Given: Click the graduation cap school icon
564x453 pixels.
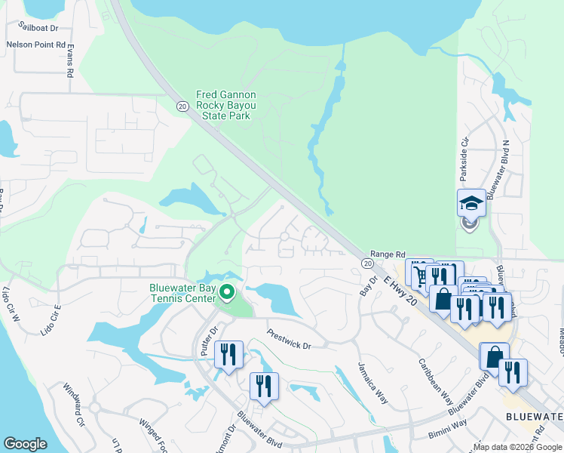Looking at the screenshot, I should (471, 203).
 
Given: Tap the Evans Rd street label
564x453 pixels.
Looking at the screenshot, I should (69, 60).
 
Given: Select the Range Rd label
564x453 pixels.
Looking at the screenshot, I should (388, 255).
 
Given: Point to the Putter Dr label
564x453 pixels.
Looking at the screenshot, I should (208, 341).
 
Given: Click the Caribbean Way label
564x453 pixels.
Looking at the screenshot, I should (435, 377).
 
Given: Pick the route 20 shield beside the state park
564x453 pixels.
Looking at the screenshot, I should (182, 106).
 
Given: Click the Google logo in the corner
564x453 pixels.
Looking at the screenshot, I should (26, 444).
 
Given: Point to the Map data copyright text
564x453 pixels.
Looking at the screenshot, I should (516, 447).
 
